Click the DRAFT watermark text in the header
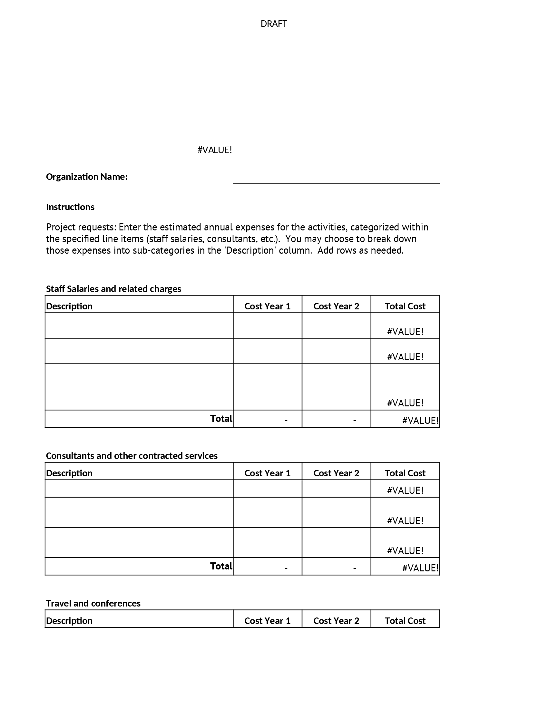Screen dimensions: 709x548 click(x=274, y=24)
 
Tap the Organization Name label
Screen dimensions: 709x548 click(x=87, y=177)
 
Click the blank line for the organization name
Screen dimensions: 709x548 click(x=336, y=180)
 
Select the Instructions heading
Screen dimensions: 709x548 click(x=70, y=207)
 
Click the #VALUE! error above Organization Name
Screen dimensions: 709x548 click(x=215, y=150)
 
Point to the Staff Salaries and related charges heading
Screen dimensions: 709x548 click(x=113, y=289)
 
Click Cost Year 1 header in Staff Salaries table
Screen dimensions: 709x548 click(x=267, y=306)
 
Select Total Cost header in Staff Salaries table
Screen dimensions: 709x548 click(x=405, y=306)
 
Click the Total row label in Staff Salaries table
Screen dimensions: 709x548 click(x=221, y=418)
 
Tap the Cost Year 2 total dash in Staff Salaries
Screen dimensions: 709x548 click(x=355, y=420)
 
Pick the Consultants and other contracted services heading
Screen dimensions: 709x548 click(x=132, y=455)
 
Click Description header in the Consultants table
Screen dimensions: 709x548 click(x=69, y=473)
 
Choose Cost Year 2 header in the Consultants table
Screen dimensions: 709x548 click(x=336, y=473)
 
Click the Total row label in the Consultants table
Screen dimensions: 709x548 click(x=221, y=566)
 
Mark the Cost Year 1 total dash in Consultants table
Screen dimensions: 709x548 click(x=286, y=568)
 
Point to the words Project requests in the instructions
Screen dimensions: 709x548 click(x=81, y=227)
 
